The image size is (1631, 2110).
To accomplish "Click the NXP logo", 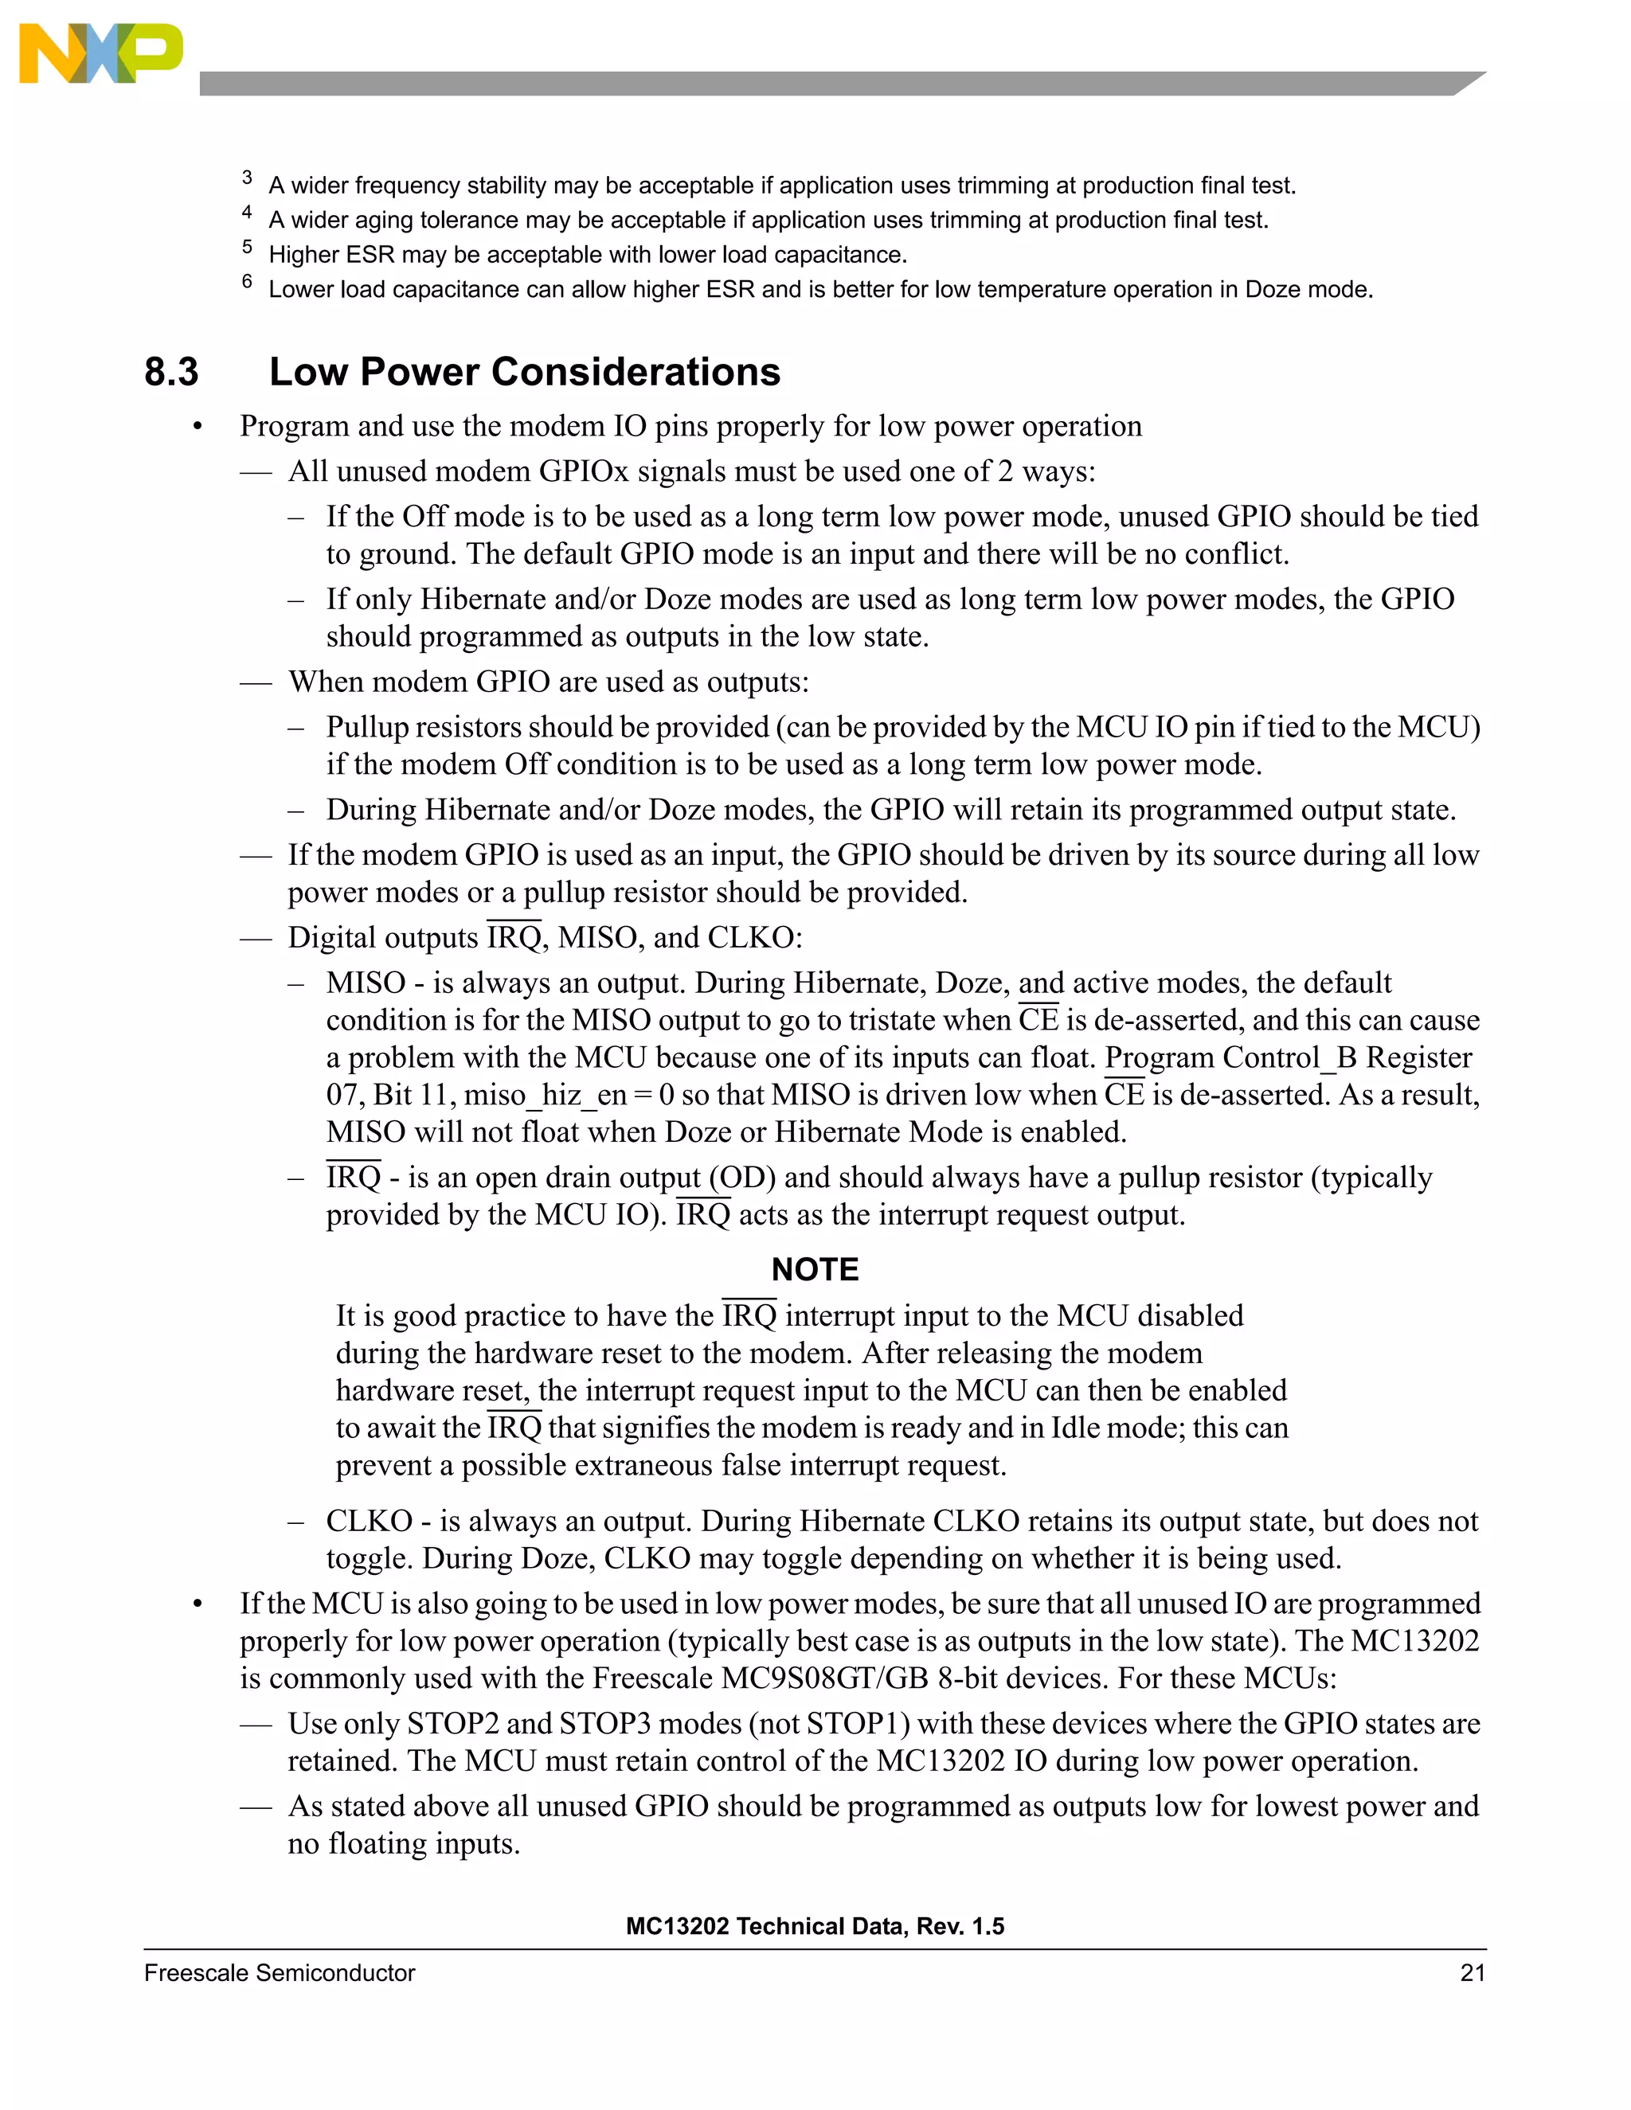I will (x=100, y=53).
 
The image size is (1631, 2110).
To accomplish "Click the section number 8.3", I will (x=171, y=372).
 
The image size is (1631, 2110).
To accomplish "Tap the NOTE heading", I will (x=815, y=1268).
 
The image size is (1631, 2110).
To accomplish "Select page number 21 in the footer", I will (x=1472, y=1973).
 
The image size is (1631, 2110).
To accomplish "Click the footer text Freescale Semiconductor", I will (x=280, y=1973).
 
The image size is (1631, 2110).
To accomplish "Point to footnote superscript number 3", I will (x=248, y=177).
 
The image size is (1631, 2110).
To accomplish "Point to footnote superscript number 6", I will (x=248, y=281).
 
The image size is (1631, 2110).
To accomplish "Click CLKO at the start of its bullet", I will (x=369, y=1521).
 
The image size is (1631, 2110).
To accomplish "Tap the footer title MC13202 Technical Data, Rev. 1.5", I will (x=815, y=1926).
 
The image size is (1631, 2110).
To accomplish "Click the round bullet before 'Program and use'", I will (x=198, y=427).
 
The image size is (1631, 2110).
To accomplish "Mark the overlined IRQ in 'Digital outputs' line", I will (x=514, y=937).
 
